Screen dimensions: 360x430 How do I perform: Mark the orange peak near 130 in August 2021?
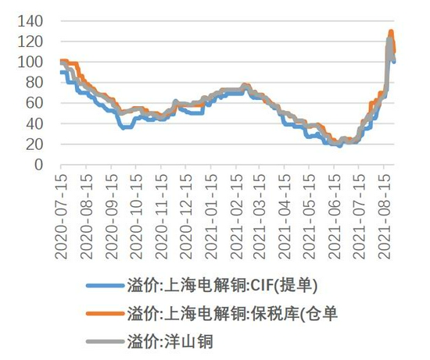(x=391, y=31)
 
